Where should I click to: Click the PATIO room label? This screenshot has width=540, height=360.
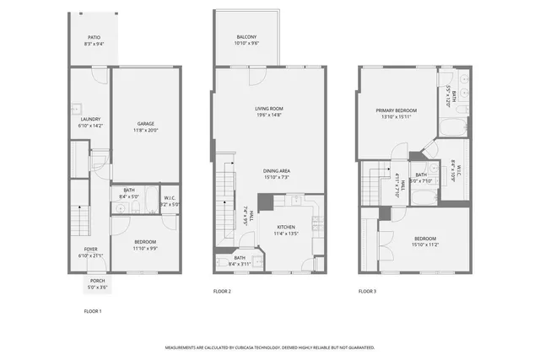[x=94, y=38]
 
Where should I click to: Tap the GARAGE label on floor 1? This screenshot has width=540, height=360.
[x=145, y=123]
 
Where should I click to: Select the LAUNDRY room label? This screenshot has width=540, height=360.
[x=90, y=120]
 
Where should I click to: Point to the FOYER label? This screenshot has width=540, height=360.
[x=89, y=250]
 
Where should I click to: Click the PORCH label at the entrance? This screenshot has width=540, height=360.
[x=97, y=281]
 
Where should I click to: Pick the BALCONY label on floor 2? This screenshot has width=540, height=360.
[x=246, y=37]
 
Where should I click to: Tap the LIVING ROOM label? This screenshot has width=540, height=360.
[x=269, y=109]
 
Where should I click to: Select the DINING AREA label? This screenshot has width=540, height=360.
[x=277, y=171]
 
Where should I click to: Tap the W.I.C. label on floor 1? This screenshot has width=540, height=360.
[x=169, y=198]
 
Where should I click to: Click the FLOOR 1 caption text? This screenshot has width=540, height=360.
[x=92, y=311]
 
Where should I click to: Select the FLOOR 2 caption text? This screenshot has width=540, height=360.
[x=222, y=292]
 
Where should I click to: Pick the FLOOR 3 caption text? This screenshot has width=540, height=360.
[x=367, y=292]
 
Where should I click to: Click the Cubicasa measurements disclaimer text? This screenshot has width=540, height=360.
[x=269, y=347]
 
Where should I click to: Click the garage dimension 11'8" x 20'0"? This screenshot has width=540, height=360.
[x=145, y=130]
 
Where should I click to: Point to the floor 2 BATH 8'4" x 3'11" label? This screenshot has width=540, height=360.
[x=240, y=261]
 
